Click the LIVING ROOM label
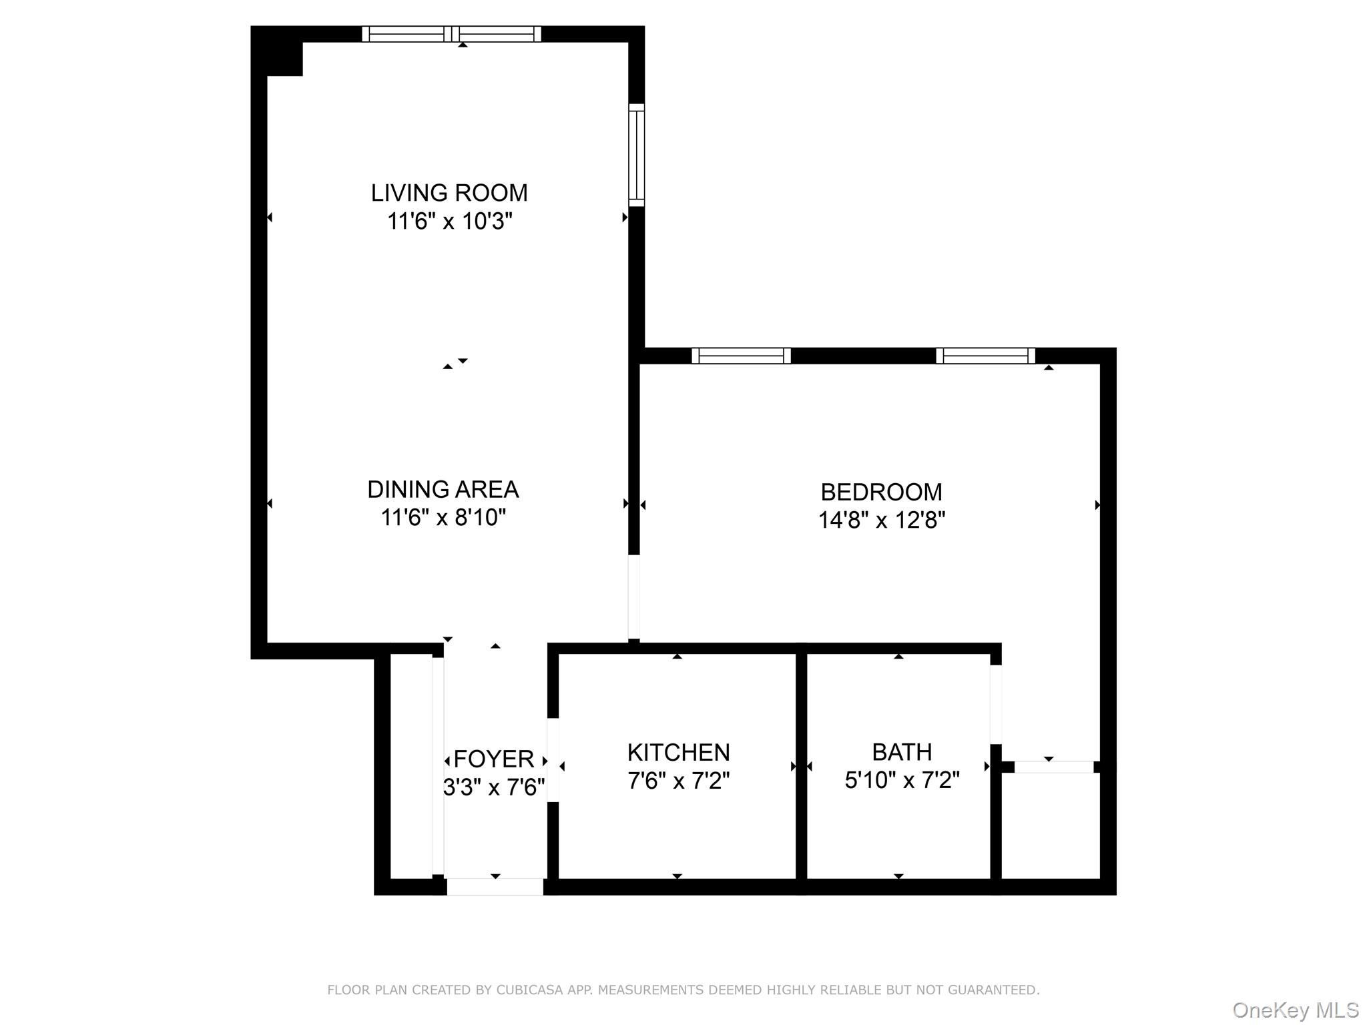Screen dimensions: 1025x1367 [449, 193]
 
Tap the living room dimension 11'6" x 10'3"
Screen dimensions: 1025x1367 [449, 221]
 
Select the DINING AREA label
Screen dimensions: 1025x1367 [443, 489]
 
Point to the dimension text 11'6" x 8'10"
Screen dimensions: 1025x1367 [443, 517]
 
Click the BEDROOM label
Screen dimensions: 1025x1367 [881, 492]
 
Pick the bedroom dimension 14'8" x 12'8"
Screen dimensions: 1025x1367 [881, 520]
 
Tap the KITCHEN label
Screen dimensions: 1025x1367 [678, 752]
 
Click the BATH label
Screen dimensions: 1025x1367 [902, 752]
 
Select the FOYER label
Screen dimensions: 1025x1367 [494, 759]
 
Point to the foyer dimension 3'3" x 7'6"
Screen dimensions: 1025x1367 [494, 787]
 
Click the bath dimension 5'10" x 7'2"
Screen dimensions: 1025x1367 [902, 779]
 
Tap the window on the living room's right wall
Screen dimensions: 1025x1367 [637, 155]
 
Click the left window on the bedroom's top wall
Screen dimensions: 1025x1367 [741, 356]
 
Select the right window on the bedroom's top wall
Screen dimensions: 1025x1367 [985, 356]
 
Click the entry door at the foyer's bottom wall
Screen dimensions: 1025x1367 [495, 886]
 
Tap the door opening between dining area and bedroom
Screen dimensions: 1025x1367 [634, 597]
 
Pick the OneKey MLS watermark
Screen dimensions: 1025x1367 [1295, 1010]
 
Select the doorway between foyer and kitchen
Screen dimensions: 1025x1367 [553, 759]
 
